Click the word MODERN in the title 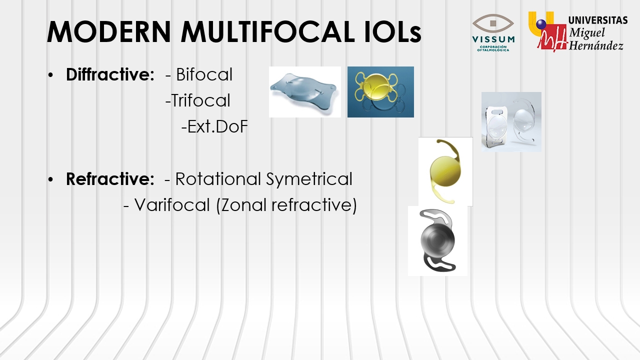[109, 31]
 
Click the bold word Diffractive [110, 74]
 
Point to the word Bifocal [204, 74]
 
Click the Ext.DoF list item [214, 126]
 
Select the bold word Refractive [110, 179]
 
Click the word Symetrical [309, 179]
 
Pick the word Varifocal [172, 205]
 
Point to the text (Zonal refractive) [286, 205]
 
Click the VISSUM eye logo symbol [493, 23]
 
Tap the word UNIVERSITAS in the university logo [598, 20]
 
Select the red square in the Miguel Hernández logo [552, 37]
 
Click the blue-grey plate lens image [305, 92]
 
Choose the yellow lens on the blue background [380, 92]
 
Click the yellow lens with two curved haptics [445, 171]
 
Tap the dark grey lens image [437, 240]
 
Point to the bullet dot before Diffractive [51, 75]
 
